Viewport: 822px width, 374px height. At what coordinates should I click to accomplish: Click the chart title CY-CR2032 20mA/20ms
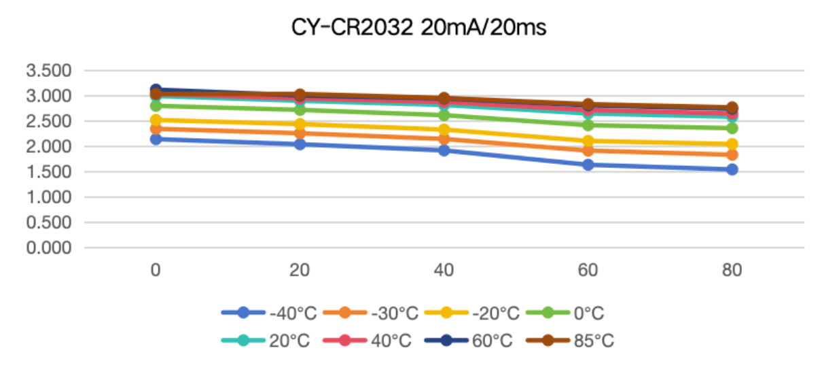coord(418,28)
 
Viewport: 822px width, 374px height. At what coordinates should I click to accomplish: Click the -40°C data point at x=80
coord(732,169)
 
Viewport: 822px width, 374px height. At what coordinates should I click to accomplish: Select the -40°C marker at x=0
coord(156,139)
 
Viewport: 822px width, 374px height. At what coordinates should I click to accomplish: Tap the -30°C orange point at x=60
coord(588,151)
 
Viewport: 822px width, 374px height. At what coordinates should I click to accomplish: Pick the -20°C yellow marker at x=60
coord(588,141)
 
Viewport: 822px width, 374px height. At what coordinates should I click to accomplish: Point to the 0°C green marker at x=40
coord(444,115)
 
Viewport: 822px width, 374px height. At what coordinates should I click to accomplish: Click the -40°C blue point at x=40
coord(444,150)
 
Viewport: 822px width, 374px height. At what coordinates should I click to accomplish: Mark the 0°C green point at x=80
coord(732,129)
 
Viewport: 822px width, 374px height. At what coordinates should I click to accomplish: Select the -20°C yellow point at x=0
coord(156,120)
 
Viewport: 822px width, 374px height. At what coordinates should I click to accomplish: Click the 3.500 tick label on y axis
coord(49,71)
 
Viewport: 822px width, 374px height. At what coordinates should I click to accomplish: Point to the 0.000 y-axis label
coord(49,248)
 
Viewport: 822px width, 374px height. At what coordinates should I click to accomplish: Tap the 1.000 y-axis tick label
coord(49,197)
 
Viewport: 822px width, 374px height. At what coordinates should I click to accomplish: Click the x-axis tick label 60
coord(588,271)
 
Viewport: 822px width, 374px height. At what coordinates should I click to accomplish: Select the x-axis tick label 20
coord(300,271)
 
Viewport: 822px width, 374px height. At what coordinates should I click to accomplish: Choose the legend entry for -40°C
coord(269,313)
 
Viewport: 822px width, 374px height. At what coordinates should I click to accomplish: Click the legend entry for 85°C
coord(570,341)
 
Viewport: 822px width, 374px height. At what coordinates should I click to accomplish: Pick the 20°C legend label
coord(289,341)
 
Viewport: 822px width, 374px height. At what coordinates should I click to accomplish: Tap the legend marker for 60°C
coord(446,340)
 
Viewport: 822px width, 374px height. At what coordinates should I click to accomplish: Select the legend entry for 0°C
coord(565,313)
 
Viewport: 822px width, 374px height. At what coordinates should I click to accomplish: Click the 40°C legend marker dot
coord(345,340)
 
